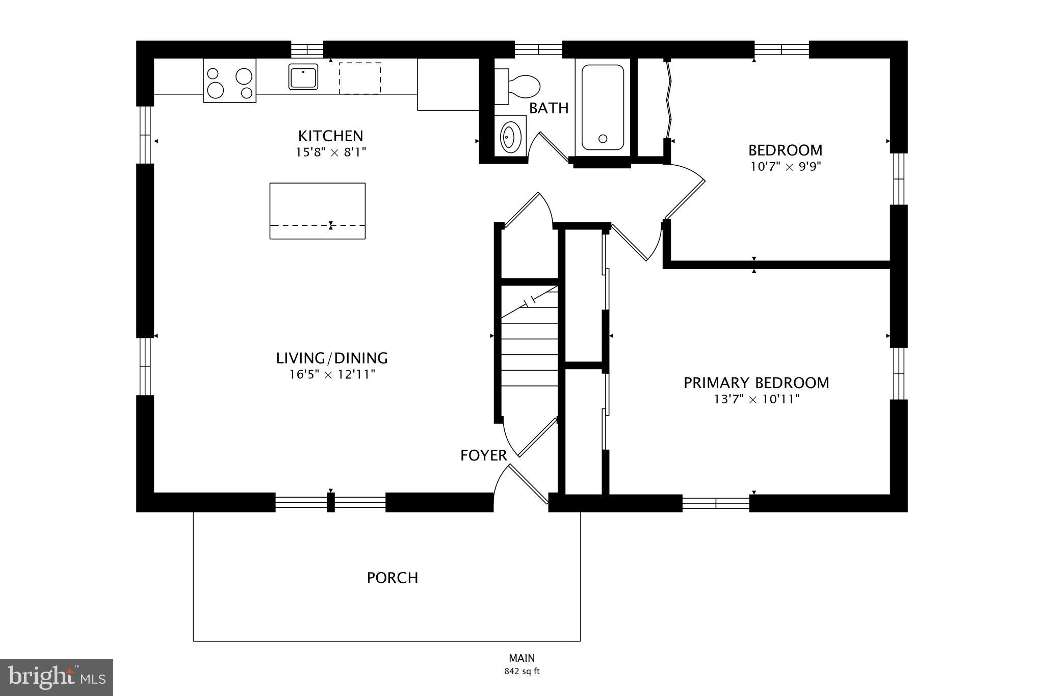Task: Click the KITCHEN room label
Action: pos(330,136)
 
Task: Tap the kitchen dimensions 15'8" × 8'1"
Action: pos(331,152)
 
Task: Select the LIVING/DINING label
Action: pos(332,358)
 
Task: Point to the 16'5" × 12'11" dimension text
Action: pos(332,375)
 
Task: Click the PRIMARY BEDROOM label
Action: pos(756,383)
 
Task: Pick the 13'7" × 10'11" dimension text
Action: pos(756,399)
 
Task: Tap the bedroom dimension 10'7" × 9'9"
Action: pos(785,167)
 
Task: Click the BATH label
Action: pos(549,108)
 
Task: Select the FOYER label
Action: pos(483,455)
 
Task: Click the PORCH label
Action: pos(393,578)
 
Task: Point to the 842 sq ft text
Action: pos(522,672)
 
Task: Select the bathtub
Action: pos(603,107)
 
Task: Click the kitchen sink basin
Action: pos(303,76)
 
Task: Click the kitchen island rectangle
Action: pos(317,211)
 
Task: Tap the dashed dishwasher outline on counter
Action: pos(360,78)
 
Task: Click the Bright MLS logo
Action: pos(57,677)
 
